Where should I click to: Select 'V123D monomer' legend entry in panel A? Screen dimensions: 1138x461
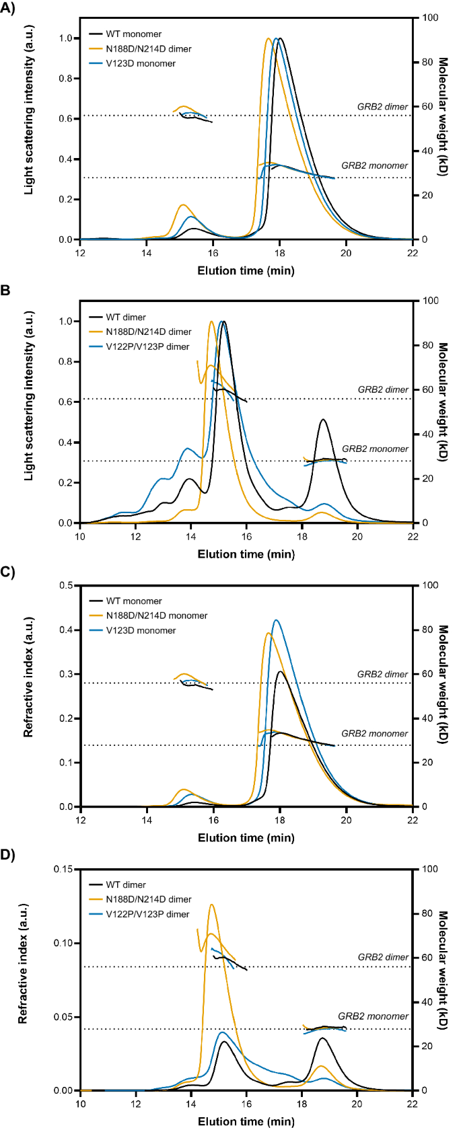[x=140, y=63]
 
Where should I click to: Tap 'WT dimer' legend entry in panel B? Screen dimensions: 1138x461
[x=125, y=317]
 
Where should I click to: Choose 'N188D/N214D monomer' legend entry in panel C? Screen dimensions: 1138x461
[x=156, y=615]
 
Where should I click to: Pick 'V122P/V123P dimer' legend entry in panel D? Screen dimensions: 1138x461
[x=147, y=914]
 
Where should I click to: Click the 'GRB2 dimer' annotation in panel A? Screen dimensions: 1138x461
[x=382, y=107]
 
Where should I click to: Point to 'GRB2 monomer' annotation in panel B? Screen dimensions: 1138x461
[x=375, y=449]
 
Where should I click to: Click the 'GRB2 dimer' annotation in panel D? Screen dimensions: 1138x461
[x=382, y=957]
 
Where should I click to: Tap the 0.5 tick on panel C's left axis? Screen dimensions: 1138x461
[x=67, y=585]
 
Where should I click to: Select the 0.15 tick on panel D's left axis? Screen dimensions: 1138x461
[x=64, y=869]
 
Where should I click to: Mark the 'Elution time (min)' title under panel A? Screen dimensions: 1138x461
[x=246, y=271]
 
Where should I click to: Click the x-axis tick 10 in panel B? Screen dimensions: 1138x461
[x=80, y=536]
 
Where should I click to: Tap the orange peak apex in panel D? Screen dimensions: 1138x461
[x=211, y=905]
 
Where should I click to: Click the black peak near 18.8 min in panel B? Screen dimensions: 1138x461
[x=324, y=420]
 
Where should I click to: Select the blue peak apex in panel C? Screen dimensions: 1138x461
[x=276, y=620]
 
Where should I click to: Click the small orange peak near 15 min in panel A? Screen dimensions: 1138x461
[x=182, y=205]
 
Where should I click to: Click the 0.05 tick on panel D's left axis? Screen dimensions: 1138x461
[x=64, y=1016]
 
